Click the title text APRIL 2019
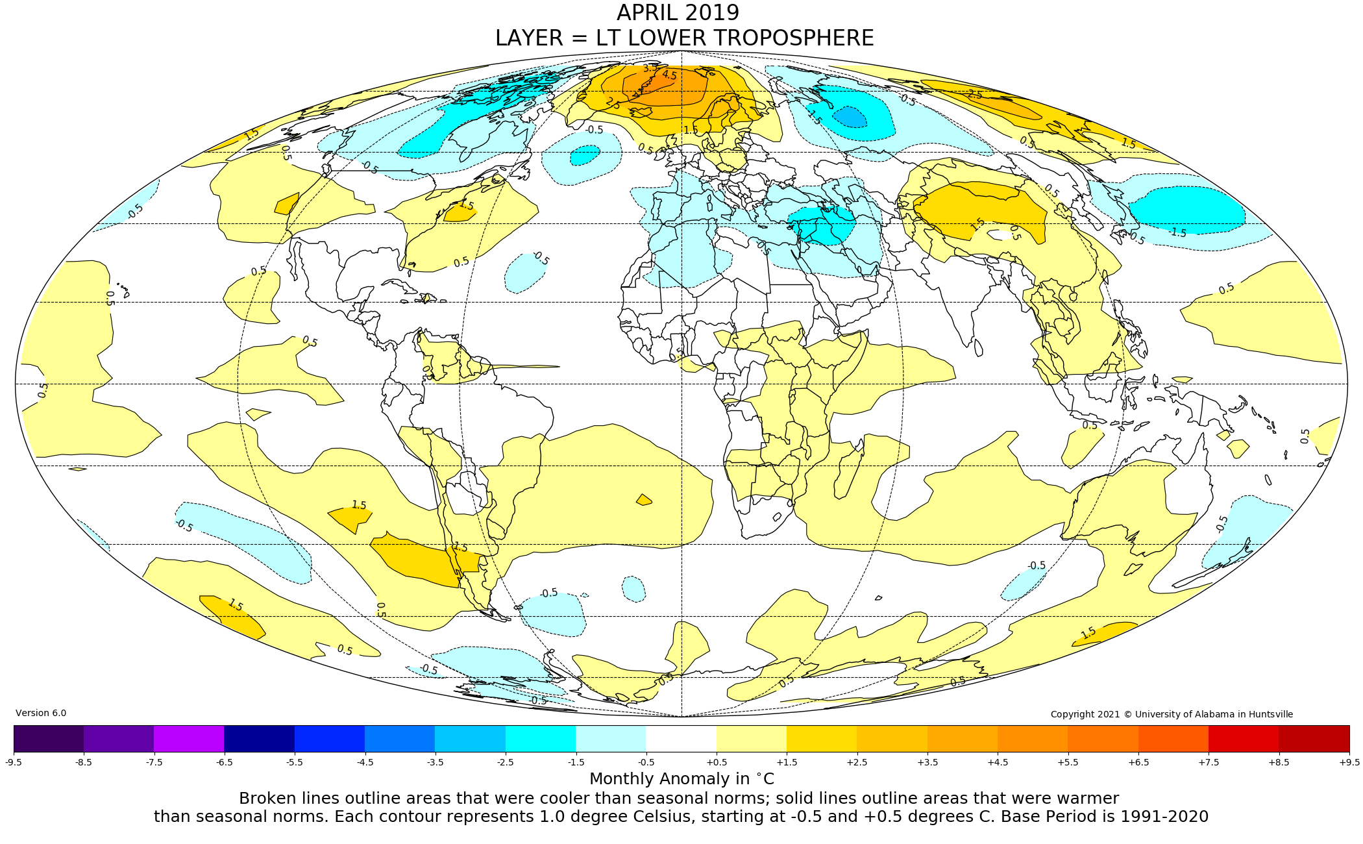pyautogui.click(x=678, y=13)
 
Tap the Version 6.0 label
pyautogui.click(x=41, y=713)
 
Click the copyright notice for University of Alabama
pyautogui.click(x=1172, y=714)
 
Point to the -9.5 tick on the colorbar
pyautogui.click(x=14, y=762)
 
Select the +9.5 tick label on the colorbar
pyautogui.click(x=1349, y=762)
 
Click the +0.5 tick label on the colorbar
pyautogui.click(x=717, y=762)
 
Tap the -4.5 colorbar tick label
pyautogui.click(x=365, y=762)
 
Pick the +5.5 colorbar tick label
pyautogui.click(x=1068, y=762)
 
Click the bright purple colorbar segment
pyautogui.click(x=189, y=738)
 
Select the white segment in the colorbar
pyautogui.click(x=681, y=738)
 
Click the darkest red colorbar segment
pyautogui.click(x=1314, y=738)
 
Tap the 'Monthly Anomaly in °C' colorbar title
pyautogui.click(x=681, y=778)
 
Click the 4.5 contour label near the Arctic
pyautogui.click(x=669, y=75)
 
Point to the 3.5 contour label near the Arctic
pyautogui.click(x=650, y=68)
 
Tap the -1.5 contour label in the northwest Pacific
pyautogui.click(x=1178, y=232)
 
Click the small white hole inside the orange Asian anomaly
pyautogui.click(x=1002, y=234)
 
